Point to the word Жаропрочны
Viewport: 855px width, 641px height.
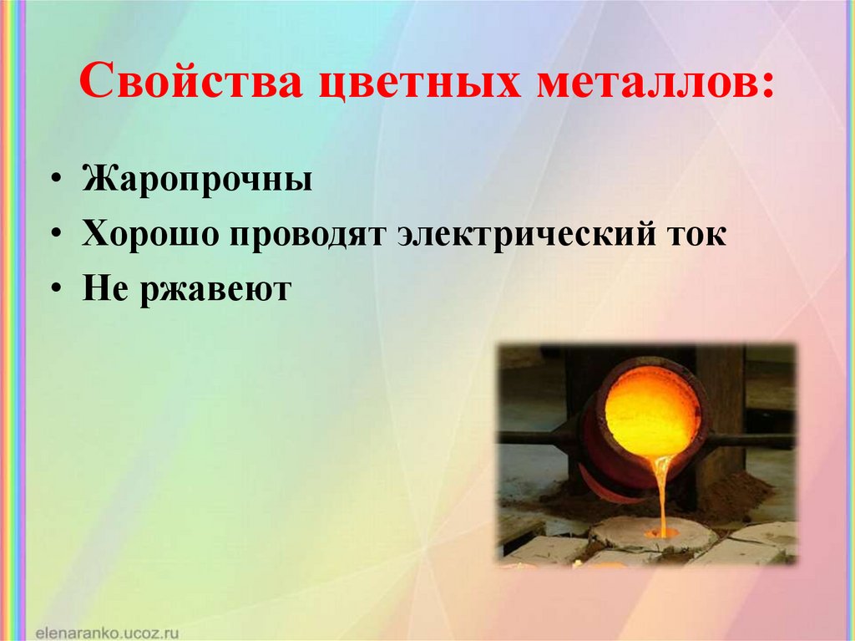197,180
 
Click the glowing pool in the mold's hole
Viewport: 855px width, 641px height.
663,532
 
